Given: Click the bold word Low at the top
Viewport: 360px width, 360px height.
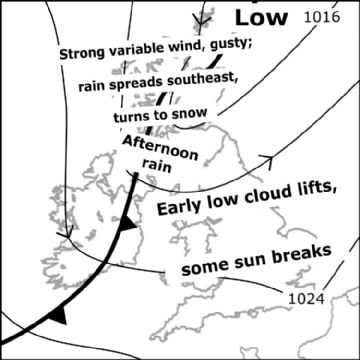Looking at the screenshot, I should click(x=261, y=16).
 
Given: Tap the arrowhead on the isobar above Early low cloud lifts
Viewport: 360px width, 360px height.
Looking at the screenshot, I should click(x=268, y=158).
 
